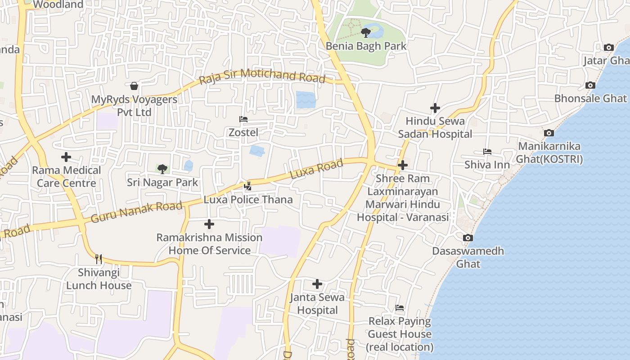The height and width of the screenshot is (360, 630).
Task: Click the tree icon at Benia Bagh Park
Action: pos(366,32)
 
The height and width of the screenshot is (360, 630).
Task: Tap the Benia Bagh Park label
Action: pos(366,46)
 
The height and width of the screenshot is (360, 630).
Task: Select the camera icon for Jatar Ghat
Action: pos(608,47)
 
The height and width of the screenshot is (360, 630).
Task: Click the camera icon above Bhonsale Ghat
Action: pos(590,85)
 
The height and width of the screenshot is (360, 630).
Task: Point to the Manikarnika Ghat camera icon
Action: pos(549,133)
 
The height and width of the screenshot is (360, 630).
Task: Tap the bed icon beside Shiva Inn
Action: pos(487,152)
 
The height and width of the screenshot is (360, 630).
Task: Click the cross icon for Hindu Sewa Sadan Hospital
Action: pos(435,108)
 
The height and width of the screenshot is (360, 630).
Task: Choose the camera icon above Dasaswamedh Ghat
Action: pos(468,238)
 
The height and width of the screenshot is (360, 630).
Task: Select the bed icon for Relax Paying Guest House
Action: pos(400,308)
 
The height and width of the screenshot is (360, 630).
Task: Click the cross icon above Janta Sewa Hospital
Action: pos(317,284)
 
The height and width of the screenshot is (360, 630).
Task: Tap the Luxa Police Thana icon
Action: pos(247,186)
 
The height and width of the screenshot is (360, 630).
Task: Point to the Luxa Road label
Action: pos(316,169)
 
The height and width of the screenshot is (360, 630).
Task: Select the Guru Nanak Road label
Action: pos(136,212)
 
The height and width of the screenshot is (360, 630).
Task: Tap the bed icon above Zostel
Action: pos(243,119)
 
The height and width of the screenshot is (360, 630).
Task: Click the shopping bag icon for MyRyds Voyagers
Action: pos(134,86)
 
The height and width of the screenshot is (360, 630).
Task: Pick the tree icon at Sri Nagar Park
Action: pos(162,169)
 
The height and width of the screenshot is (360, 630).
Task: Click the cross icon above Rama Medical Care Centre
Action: pos(66,157)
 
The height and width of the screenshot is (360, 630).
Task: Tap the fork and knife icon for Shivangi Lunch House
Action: pos(99,259)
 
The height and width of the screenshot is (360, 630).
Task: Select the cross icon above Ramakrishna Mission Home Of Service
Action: pos(209,224)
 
